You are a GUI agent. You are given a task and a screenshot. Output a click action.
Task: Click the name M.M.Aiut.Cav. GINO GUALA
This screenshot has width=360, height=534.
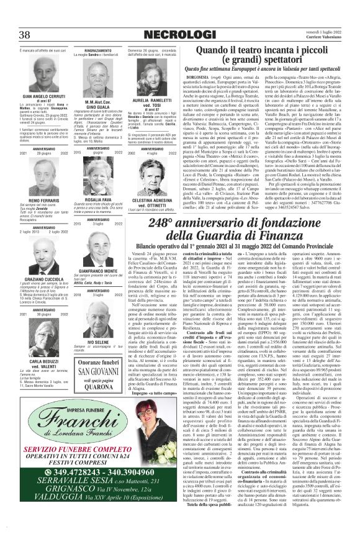[x=104, y=102]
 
